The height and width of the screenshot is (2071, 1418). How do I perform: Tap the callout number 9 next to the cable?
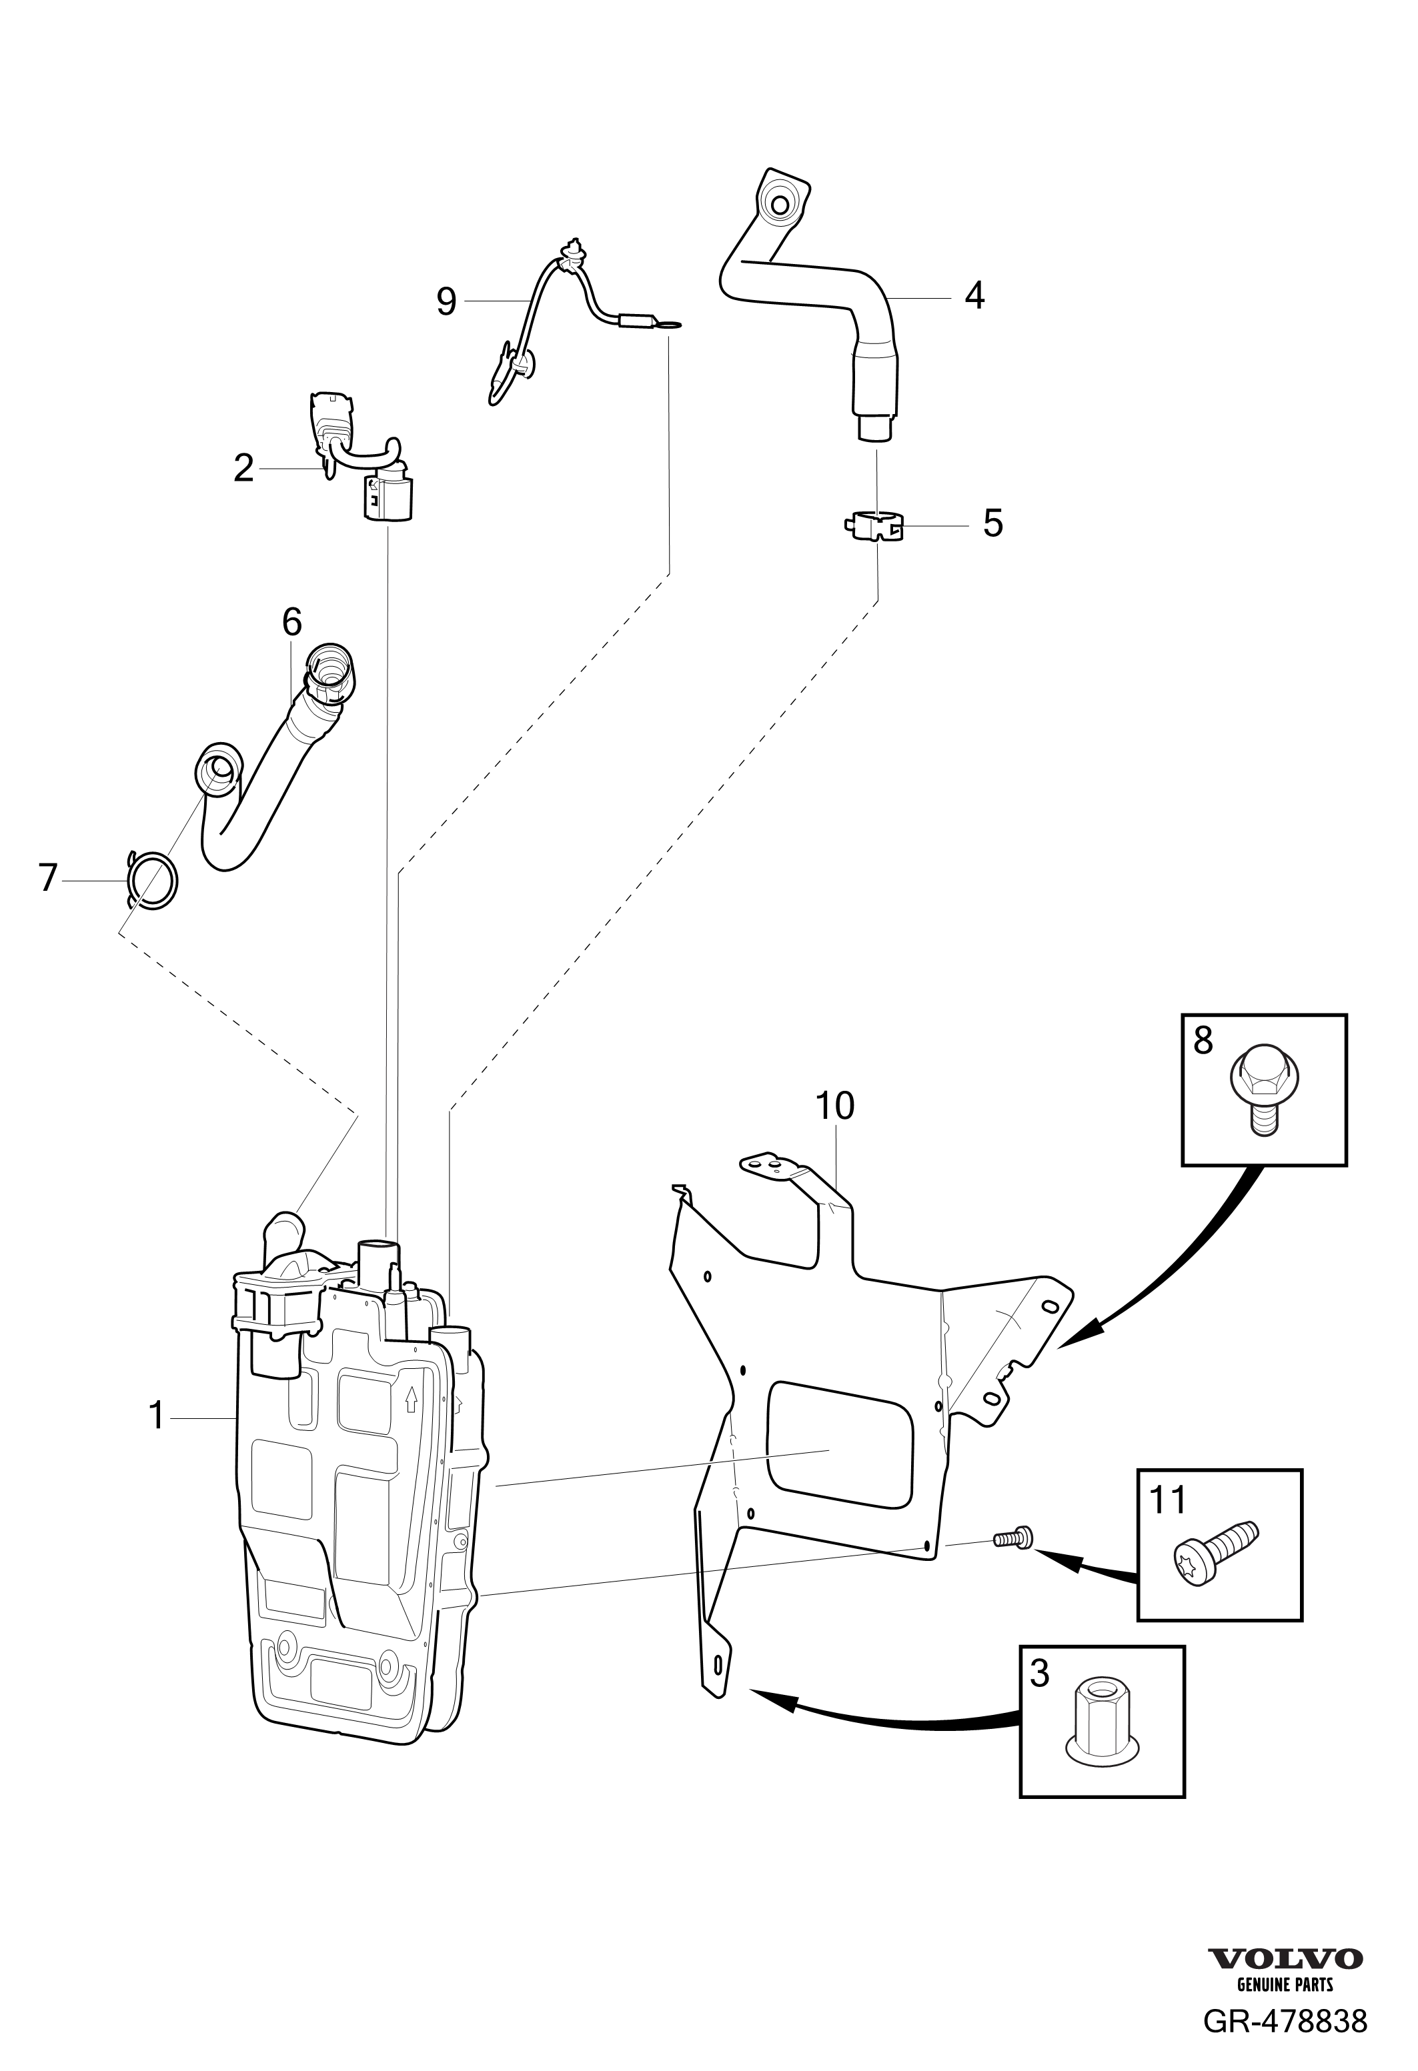pos(446,302)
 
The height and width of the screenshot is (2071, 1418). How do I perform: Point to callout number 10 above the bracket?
pos(835,1106)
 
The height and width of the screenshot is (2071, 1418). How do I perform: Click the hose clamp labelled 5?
pos(874,526)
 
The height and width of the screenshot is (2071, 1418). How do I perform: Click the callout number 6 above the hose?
pos(291,622)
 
